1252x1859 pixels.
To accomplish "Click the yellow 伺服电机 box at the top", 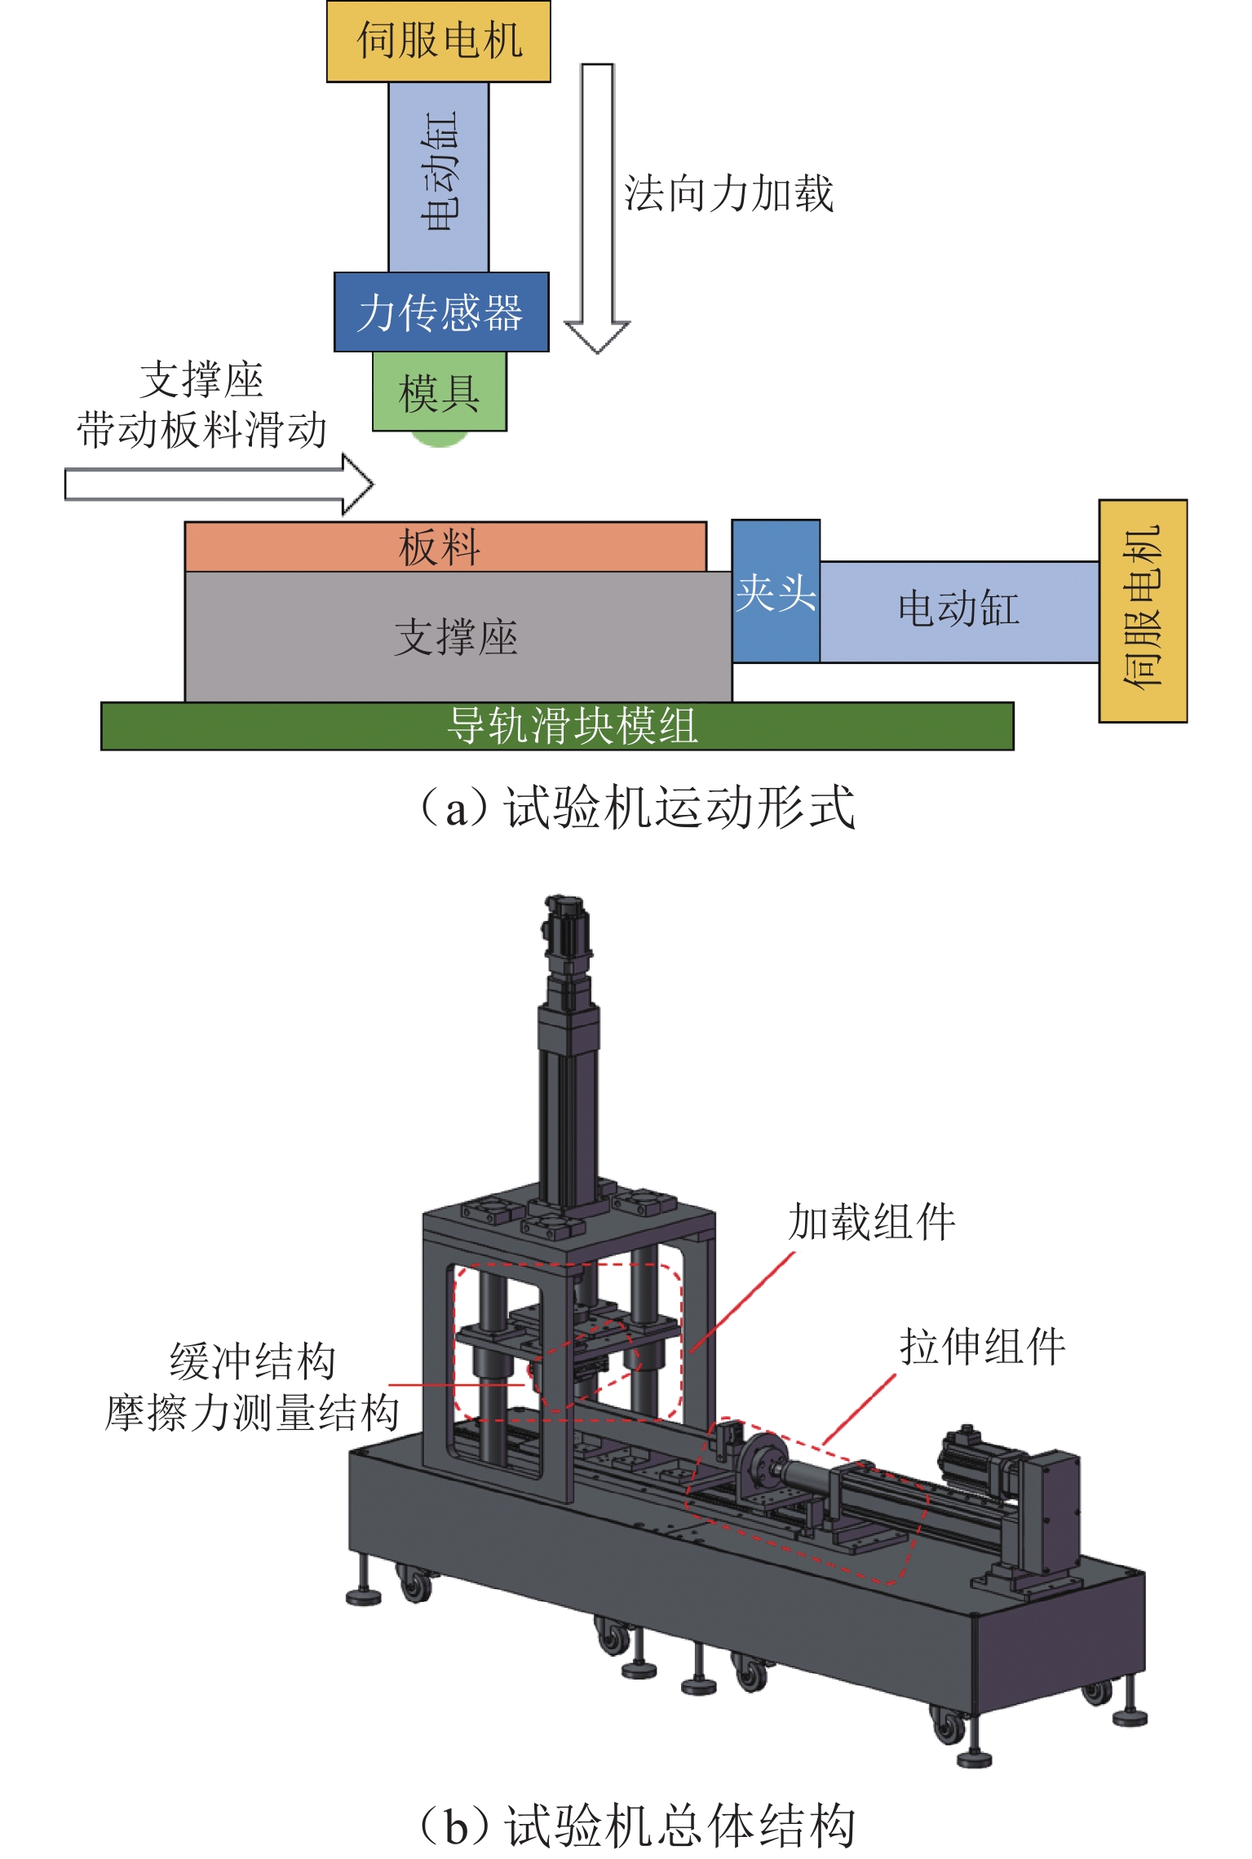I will pyautogui.click(x=438, y=41).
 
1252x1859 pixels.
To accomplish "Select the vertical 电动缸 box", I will pyautogui.click(x=438, y=176).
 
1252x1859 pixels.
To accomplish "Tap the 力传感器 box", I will pyautogui.click(x=440, y=312).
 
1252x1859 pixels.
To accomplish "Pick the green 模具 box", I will pyautogui.click(x=439, y=392).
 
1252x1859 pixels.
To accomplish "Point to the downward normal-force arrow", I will pyautogui.click(x=597, y=204).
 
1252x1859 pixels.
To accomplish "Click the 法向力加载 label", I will pyautogui.click(x=728, y=194).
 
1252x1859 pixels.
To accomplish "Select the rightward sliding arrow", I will pyautogui.click(x=219, y=485).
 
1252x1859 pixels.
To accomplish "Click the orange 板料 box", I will pyautogui.click(x=445, y=547).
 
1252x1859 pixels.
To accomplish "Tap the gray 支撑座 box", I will pyautogui.click(x=457, y=636).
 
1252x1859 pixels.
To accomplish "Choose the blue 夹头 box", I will pyautogui.click(x=775, y=591).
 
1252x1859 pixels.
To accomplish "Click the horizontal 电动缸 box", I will pyautogui.click(x=958, y=610).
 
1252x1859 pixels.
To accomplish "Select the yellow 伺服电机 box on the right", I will pyautogui.click(x=1142, y=610).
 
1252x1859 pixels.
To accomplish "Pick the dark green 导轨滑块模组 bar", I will pyautogui.click(x=556, y=726).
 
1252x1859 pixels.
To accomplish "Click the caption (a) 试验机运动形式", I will pyautogui.click(x=636, y=808).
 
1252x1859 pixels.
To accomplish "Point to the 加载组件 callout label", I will pyautogui.click(x=871, y=1222).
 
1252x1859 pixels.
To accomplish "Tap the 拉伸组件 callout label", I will pyautogui.click(x=982, y=1346).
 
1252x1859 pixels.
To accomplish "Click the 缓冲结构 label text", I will pyautogui.click(x=253, y=1361).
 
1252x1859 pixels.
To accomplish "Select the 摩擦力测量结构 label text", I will pyautogui.click(x=253, y=1413).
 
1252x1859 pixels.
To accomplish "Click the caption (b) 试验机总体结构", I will pyautogui.click(x=636, y=1826).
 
